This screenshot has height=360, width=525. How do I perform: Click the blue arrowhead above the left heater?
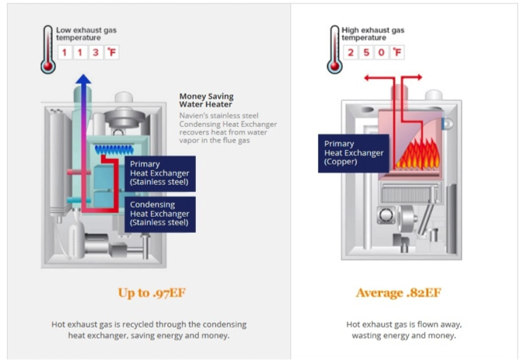coord(83,79)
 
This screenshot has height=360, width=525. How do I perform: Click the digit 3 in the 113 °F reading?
coord(95,53)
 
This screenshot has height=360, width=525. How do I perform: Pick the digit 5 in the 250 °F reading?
coord(366,53)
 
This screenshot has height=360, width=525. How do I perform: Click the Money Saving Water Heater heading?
coord(206,100)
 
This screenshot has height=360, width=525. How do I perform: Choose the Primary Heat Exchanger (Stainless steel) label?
coord(160,173)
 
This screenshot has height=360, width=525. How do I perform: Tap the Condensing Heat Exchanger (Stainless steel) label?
coord(160,213)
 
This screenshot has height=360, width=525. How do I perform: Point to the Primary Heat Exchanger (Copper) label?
coord(353,153)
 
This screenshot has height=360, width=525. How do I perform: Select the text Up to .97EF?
coord(151,293)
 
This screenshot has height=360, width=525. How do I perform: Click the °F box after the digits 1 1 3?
coord(112,53)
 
